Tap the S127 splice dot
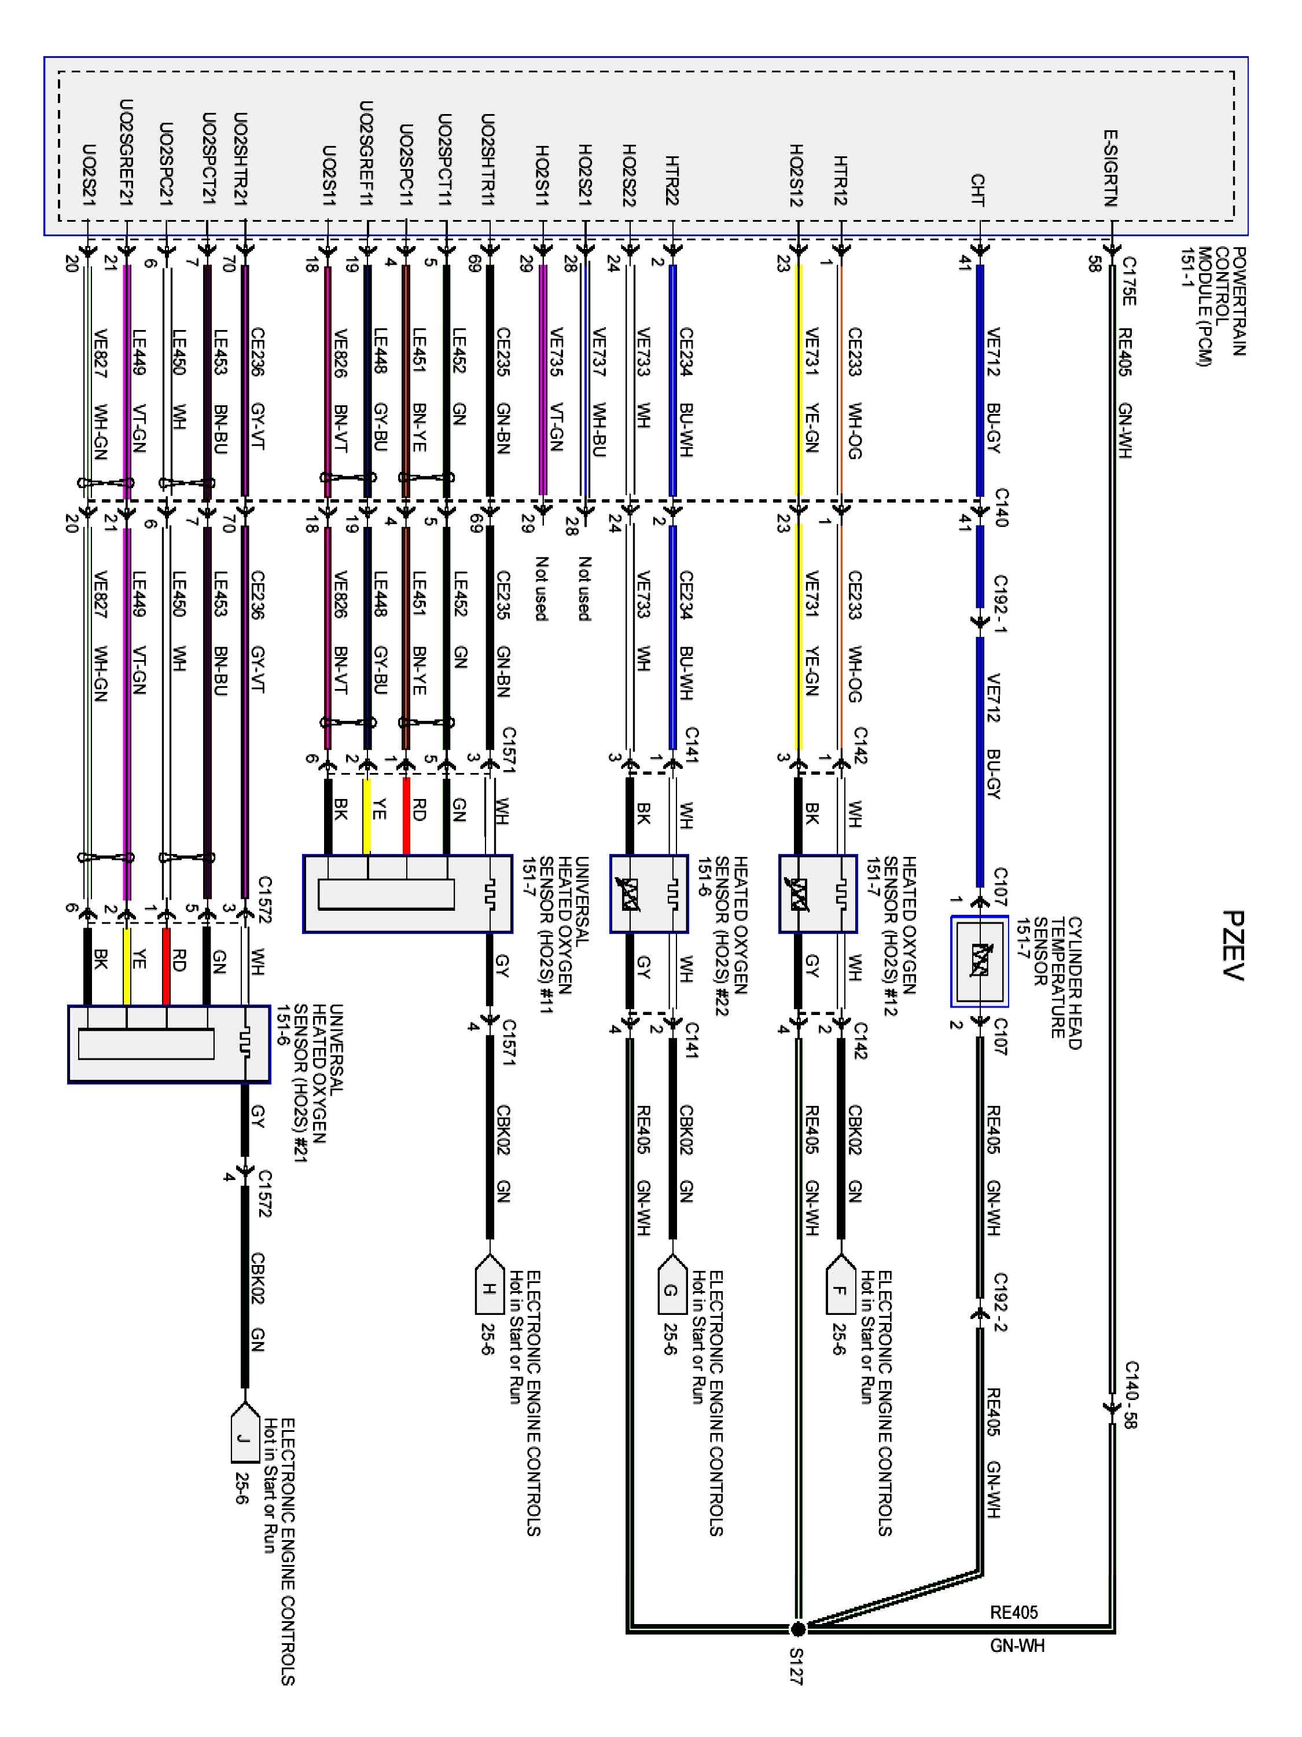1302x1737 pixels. click(797, 1628)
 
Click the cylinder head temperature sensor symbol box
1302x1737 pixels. click(979, 961)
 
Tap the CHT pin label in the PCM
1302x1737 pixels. click(978, 189)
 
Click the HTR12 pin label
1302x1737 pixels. click(841, 180)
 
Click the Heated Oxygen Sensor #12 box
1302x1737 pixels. click(817, 893)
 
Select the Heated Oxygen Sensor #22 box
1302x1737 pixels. click(649, 893)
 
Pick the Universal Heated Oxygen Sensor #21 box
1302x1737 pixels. click(169, 1043)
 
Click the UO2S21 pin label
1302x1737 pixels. click(89, 174)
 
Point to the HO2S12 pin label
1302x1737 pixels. click(797, 174)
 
